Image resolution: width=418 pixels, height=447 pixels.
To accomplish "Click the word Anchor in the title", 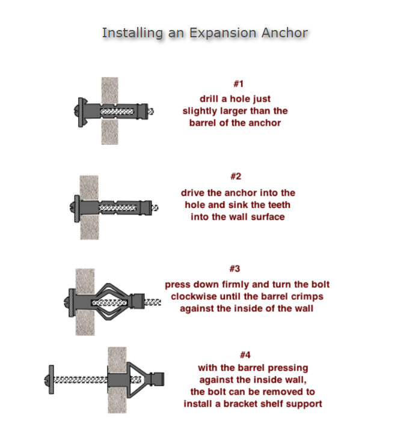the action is [x=284, y=32].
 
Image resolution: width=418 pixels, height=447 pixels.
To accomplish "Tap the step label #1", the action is [x=239, y=84].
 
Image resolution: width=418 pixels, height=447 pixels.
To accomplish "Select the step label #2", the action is [x=236, y=176].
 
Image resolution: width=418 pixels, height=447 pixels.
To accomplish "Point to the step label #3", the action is [x=235, y=269].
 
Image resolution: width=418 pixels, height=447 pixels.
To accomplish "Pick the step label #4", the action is [x=245, y=355].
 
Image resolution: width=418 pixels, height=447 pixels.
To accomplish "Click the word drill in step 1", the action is [x=209, y=99].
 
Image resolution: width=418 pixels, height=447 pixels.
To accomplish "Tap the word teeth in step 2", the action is [x=277, y=205].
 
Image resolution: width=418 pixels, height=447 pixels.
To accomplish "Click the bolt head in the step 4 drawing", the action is [x=49, y=380].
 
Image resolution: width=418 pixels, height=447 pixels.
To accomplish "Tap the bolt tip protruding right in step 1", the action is [x=150, y=111].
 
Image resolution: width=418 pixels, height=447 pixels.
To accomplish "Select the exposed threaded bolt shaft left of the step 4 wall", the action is [x=81, y=380].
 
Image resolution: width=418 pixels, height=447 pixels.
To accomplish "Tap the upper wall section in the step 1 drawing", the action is [x=110, y=90].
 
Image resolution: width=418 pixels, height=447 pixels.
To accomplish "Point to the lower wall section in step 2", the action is [x=90, y=227].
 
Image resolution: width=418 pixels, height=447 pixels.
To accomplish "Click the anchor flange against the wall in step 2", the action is [x=77, y=208].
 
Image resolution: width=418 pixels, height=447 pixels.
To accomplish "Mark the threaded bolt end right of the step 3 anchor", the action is [x=152, y=302].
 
